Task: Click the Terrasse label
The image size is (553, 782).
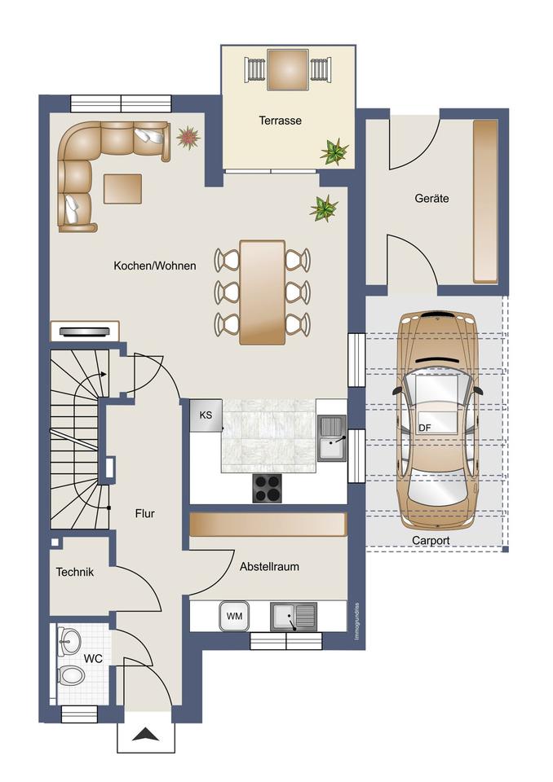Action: click(x=281, y=121)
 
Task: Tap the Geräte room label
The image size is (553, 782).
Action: click(x=431, y=198)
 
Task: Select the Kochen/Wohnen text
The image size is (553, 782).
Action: click(x=155, y=266)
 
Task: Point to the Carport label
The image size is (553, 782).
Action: click(x=431, y=540)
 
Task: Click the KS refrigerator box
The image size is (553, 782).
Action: click(x=206, y=415)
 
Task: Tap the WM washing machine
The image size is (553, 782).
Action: click(x=234, y=616)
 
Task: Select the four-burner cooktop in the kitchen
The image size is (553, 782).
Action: click(x=267, y=488)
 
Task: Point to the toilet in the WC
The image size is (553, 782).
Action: click(x=71, y=676)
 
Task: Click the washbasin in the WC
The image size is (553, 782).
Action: click(x=69, y=640)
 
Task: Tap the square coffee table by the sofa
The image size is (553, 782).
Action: click(x=122, y=188)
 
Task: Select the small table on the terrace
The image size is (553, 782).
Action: click(x=287, y=70)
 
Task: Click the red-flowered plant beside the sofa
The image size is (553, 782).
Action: click(x=188, y=137)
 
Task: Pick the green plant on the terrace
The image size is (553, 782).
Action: click(x=334, y=152)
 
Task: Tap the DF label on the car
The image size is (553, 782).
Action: click(x=425, y=428)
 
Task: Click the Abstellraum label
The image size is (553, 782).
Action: click(x=269, y=567)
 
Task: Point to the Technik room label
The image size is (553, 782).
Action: click(x=75, y=572)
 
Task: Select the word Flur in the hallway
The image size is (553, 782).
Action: click(x=145, y=513)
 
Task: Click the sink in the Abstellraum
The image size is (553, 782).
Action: click(x=294, y=617)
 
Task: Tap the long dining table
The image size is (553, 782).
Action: click(x=263, y=292)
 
